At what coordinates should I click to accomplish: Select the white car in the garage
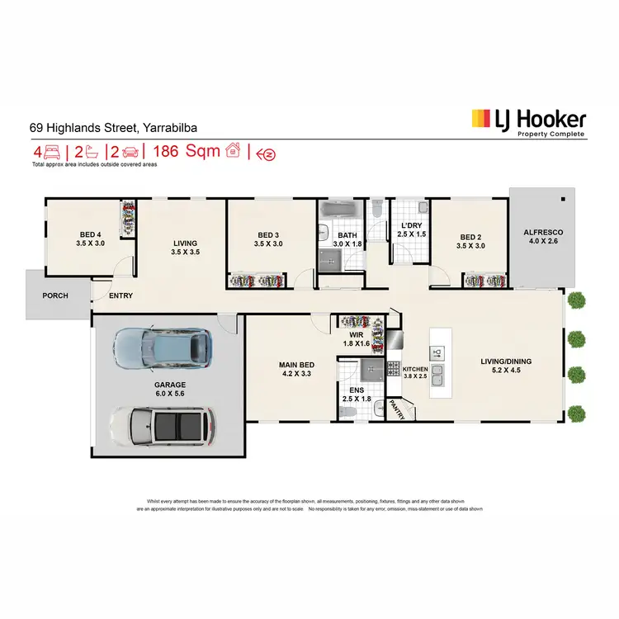162,426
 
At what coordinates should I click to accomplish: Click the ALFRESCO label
541,233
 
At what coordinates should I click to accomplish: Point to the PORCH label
55,295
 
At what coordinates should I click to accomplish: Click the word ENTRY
120,295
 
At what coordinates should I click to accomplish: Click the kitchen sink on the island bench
438,380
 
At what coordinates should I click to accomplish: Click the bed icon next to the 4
52,152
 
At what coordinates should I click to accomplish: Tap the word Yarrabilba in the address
169,128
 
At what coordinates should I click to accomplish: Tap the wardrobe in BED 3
254,281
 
